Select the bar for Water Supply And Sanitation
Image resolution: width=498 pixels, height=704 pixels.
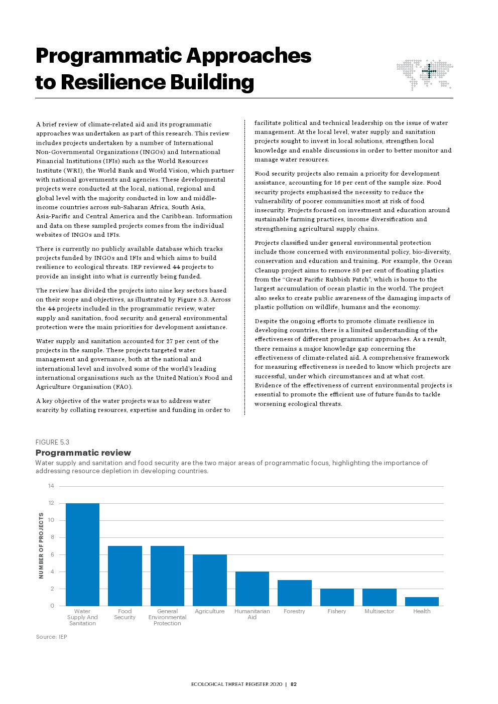(82, 554)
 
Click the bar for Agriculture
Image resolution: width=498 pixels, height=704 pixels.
(210, 580)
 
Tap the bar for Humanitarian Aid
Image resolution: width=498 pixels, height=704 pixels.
(252, 589)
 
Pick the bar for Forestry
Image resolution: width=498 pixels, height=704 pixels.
(294, 593)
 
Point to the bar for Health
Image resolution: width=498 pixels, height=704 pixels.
(422, 601)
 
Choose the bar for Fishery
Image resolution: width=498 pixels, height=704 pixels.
(337, 597)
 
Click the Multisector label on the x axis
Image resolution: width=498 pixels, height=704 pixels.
(379, 611)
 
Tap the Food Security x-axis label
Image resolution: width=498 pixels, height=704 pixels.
(125, 614)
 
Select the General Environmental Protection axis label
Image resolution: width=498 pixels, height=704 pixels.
(167, 617)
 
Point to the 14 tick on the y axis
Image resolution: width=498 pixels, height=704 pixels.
(51, 486)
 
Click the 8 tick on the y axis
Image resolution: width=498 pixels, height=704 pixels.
(52, 537)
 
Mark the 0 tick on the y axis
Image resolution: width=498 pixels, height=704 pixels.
(52, 606)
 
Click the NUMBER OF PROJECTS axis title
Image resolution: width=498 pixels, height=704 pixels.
(41, 545)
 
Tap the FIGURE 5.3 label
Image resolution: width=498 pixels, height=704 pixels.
(52, 442)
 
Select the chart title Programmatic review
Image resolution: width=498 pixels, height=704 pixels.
(83, 453)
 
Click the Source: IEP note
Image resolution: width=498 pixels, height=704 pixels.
(51, 637)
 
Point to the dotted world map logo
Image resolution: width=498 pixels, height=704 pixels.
(425, 74)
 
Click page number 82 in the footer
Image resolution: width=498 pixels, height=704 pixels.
(294, 684)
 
